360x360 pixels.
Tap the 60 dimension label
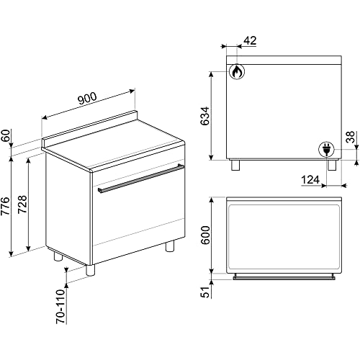point(7,135)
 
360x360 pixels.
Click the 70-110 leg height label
point(60,305)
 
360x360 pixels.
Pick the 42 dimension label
point(251,42)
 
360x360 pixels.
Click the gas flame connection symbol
point(236,71)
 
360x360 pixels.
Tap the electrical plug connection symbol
point(325,149)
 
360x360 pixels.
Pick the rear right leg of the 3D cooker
point(170,246)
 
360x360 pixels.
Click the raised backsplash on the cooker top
point(90,127)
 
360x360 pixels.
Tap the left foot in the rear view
point(235,165)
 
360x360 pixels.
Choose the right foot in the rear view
point(331,165)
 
